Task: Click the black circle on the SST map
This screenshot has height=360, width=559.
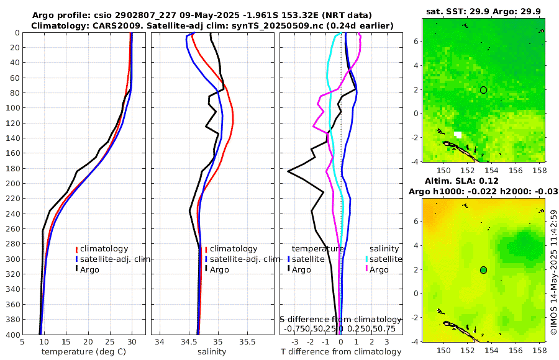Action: click(483, 90)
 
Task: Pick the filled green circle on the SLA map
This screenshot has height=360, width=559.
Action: click(483, 270)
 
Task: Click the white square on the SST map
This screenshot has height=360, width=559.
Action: click(458, 135)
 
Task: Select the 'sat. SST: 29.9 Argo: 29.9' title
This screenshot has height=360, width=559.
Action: click(484, 12)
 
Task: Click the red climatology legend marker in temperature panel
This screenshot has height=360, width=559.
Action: click(76, 249)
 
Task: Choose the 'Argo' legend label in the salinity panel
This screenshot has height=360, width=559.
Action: click(219, 270)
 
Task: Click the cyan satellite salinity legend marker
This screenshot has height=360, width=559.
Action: click(366, 259)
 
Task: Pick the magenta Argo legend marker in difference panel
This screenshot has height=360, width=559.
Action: click(366, 269)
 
